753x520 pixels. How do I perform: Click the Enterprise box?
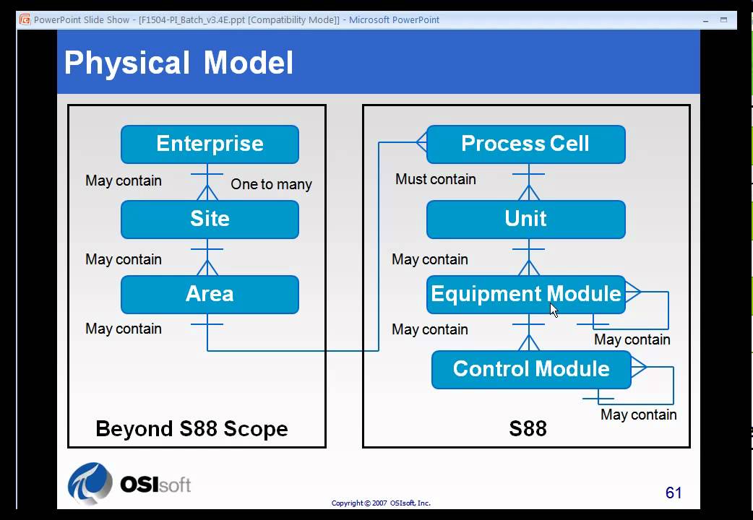click(x=210, y=144)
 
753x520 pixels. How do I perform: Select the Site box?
click(x=210, y=219)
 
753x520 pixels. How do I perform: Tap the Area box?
click(x=210, y=294)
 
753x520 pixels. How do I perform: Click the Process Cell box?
click(x=525, y=144)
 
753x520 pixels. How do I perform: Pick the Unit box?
click(x=525, y=219)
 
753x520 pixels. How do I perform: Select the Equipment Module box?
click(x=525, y=294)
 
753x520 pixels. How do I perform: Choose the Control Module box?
click(x=531, y=369)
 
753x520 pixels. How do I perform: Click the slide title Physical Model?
click(x=178, y=63)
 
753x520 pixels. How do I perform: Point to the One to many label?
click(x=271, y=184)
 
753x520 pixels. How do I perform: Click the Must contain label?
click(x=435, y=179)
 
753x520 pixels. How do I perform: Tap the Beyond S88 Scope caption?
click(x=192, y=429)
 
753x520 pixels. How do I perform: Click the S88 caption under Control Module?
click(x=528, y=429)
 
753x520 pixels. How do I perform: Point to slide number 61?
click(x=674, y=493)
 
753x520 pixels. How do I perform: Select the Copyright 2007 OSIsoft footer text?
click(x=381, y=503)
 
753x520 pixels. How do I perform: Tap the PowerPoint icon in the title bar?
click(x=25, y=19)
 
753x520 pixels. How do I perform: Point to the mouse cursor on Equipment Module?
click(x=554, y=310)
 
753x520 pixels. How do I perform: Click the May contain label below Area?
click(x=124, y=329)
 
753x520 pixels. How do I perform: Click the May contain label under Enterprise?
click(x=124, y=181)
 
